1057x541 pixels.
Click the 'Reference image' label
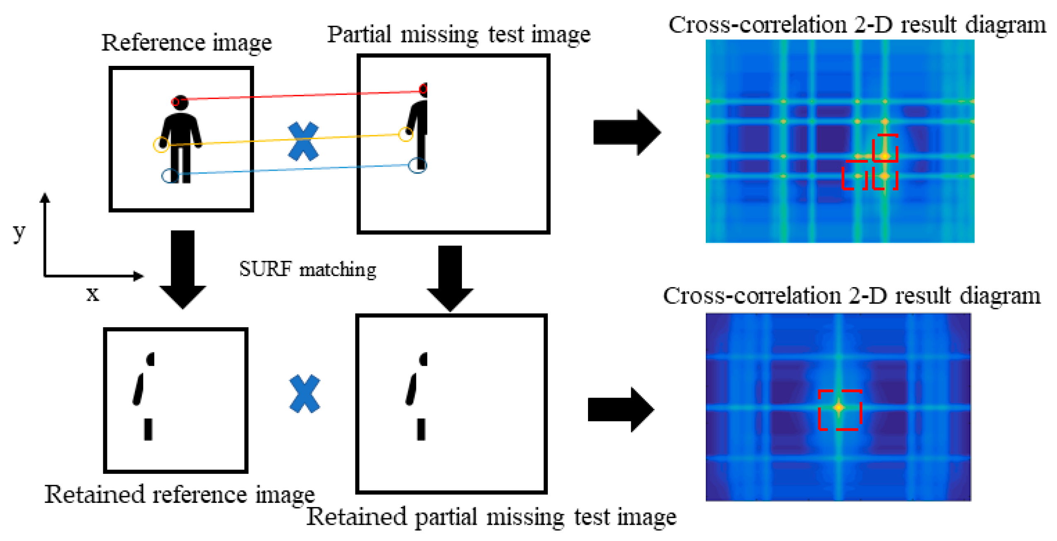pyautogui.click(x=186, y=43)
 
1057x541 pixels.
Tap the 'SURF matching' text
pyautogui.click(x=307, y=269)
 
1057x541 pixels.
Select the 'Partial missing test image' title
pyautogui.click(x=459, y=34)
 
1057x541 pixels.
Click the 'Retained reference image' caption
pyautogui.click(x=179, y=494)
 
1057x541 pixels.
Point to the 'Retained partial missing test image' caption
pyautogui.click(x=491, y=517)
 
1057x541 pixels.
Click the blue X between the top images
pyautogui.click(x=303, y=141)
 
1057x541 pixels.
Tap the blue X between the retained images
pyautogui.click(x=304, y=394)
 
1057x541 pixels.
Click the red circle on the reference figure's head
pyautogui.click(x=176, y=102)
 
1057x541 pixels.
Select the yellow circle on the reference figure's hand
pyautogui.click(x=161, y=144)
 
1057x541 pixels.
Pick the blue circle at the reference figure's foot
pyautogui.click(x=170, y=176)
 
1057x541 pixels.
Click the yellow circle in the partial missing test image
pyautogui.click(x=406, y=134)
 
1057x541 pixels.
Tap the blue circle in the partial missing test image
pyautogui.click(x=417, y=165)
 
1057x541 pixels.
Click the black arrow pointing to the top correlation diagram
pyautogui.click(x=626, y=133)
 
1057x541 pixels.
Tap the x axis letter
pyautogui.click(x=92, y=294)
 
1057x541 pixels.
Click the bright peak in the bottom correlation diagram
pyautogui.click(x=838, y=408)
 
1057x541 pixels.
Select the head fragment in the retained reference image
pyautogui.click(x=150, y=359)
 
